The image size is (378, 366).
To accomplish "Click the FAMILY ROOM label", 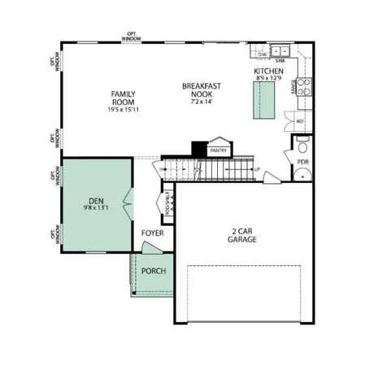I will (x=123, y=98).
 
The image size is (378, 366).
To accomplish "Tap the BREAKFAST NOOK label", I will (x=200, y=90).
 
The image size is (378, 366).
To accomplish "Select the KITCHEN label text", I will (x=269, y=72).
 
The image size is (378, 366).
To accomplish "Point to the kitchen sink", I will (x=279, y=52).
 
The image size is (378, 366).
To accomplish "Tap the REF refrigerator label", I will (x=300, y=122).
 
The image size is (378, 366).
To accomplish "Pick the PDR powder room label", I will (x=302, y=162).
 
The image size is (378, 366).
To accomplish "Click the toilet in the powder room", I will (x=302, y=146).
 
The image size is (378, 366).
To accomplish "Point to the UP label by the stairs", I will (x=257, y=169).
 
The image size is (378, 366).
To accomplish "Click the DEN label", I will (x=96, y=199).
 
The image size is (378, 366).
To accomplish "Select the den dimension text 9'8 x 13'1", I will (x=96, y=208).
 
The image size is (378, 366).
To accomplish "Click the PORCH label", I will (x=153, y=271).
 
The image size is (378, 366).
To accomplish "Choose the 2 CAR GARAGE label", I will (x=242, y=235).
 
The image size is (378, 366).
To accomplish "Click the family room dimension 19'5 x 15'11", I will (x=123, y=110).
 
